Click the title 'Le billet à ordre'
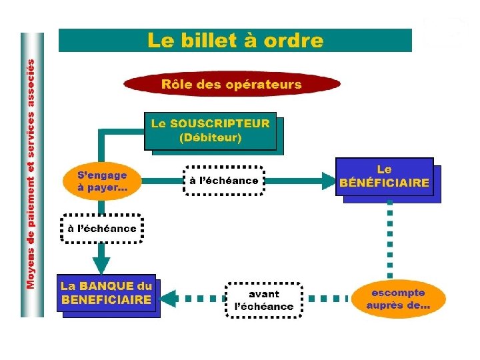click(x=235, y=40)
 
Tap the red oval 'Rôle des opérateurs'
click(x=231, y=85)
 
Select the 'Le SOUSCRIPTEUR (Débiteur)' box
click(x=210, y=131)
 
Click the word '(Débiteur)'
click(x=210, y=139)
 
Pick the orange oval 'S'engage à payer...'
click(x=102, y=181)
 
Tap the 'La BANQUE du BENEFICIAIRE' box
click(x=107, y=293)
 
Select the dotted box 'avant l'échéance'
click(x=263, y=300)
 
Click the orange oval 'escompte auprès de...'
click(x=398, y=299)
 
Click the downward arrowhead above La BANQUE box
click(x=101, y=261)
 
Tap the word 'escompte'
click(x=398, y=292)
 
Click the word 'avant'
click(x=264, y=293)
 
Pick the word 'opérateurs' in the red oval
click(x=265, y=85)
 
